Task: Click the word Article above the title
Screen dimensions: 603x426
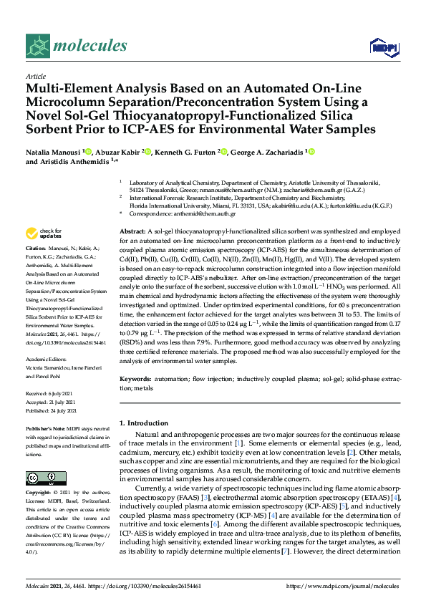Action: (x=35, y=75)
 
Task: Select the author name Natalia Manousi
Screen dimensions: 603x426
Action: (x=53, y=151)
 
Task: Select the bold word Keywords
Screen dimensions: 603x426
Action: (x=135, y=377)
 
